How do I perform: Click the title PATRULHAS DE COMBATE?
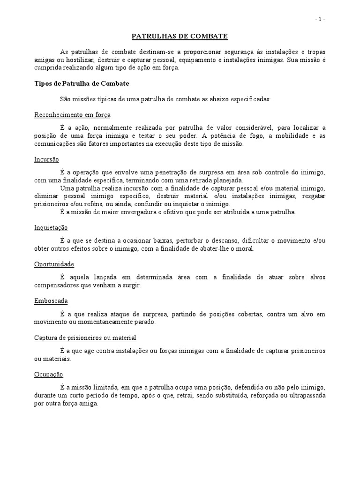coord(180,36)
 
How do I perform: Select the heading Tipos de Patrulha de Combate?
coord(82,83)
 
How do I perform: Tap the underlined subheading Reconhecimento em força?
coord(73,115)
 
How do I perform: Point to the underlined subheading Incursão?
coord(46,159)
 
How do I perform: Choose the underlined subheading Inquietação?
coord(51,228)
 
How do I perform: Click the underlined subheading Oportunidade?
coord(54,264)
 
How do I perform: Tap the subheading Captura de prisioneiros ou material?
coord(86,337)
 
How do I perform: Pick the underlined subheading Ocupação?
coord(49,375)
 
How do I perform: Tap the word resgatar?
coord(310,196)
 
